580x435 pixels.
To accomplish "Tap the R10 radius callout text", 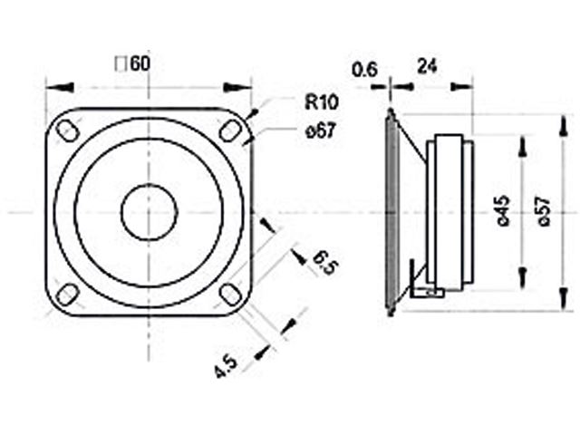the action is (322, 101).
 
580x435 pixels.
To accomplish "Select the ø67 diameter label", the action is (321, 130).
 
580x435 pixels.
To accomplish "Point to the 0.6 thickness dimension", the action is (364, 70).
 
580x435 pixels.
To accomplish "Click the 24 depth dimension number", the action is (427, 66).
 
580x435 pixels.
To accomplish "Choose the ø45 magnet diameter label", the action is (504, 211).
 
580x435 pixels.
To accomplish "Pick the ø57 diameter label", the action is (544, 211).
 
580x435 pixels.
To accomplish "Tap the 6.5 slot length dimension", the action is (325, 262).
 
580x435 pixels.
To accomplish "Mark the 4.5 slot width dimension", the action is (226, 366).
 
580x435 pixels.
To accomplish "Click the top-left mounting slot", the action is (67, 130).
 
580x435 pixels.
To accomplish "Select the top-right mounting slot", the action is (230, 130).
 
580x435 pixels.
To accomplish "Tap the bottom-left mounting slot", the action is (67, 295).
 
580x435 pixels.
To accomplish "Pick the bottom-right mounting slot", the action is (230, 295).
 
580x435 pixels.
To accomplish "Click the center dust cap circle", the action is (149, 212).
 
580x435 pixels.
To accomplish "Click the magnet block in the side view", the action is (449, 212).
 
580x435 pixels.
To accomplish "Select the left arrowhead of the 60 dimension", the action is (60, 88).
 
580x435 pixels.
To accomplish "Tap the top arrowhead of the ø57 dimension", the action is (563, 126).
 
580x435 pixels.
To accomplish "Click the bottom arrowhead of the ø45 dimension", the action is (523, 278).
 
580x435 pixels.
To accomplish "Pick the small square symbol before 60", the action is (121, 64).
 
